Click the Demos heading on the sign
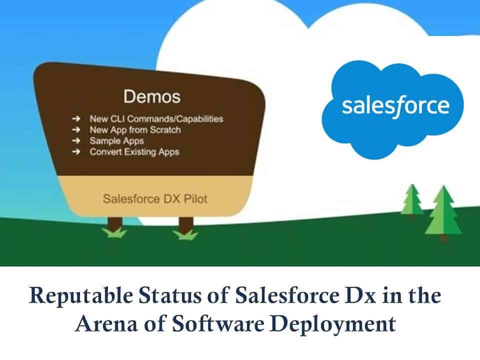pyautogui.click(x=152, y=96)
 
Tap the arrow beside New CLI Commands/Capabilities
pyautogui.click(x=76, y=118)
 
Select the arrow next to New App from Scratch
pyautogui.click(x=76, y=129)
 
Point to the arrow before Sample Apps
pyautogui.click(x=76, y=140)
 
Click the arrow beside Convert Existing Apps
pyautogui.click(x=76, y=151)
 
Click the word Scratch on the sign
pyautogui.click(x=165, y=130)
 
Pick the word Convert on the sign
pyautogui.click(x=105, y=152)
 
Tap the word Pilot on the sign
pyautogui.click(x=195, y=198)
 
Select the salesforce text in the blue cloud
pyautogui.click(x=395, y=106)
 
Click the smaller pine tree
pyautogui.click(x=412, y=201)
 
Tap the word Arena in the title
pyautogui.click(x=106, y=324)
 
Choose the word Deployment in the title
pyautogui.click(x=333, y=325)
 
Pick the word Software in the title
pyautogui.click(x=218, y=323)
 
